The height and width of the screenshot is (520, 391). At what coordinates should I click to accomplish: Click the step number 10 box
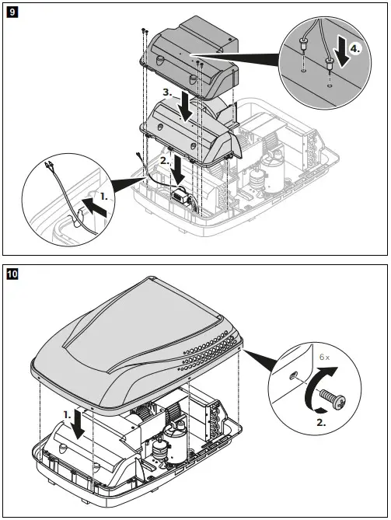[x=13, y=274]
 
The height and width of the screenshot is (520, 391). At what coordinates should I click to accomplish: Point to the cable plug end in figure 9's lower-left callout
[x=50, y=166]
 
